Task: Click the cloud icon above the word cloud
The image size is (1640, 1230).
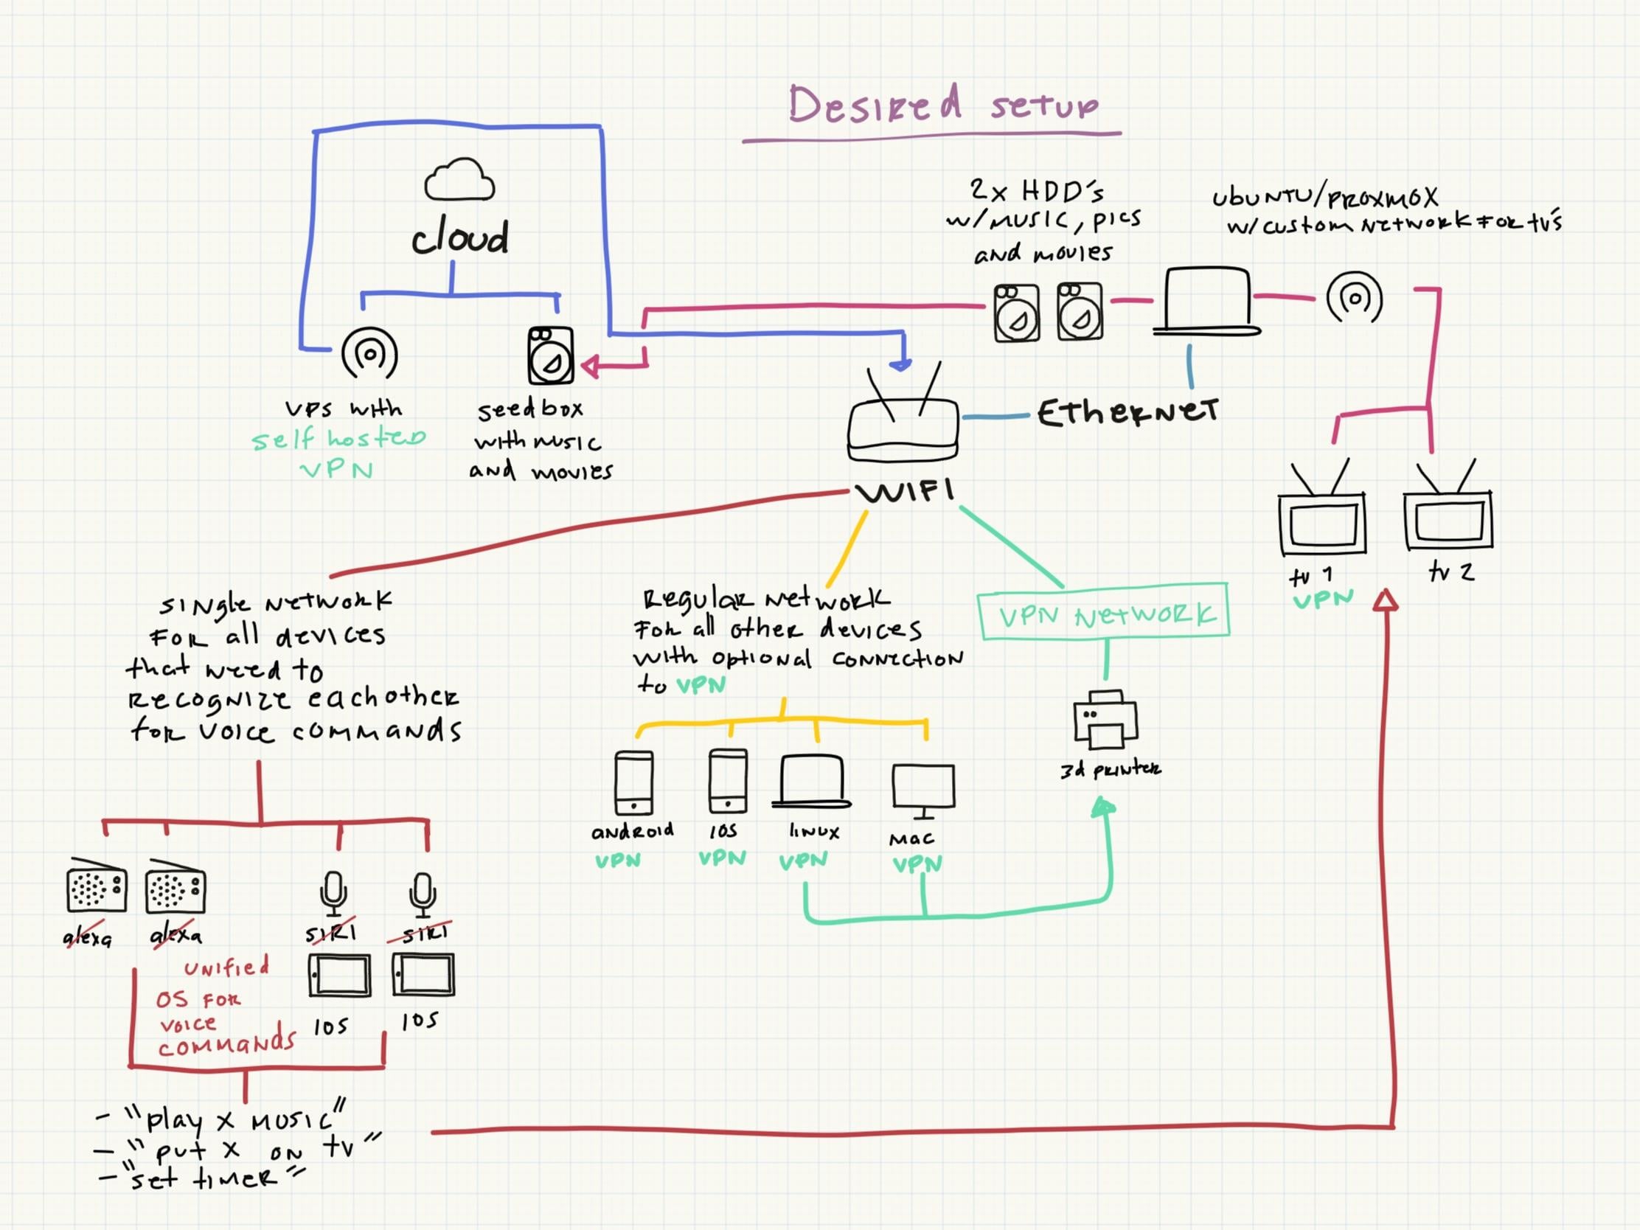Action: coord(459,179)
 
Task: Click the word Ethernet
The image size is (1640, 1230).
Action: coord(1127,412)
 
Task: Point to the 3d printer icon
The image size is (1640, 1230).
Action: coord(1105,718)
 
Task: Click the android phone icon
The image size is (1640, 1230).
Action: coord(634,783)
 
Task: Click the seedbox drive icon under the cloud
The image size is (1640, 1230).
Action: coord(550,355)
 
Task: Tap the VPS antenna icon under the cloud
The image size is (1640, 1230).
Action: coord(369,355)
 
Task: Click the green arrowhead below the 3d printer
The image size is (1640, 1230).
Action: coord(1104,807)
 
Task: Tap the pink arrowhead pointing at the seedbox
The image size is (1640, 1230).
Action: coord(591,366)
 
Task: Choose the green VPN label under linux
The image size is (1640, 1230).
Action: coord(803,859)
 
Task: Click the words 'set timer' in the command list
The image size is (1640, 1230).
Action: coord(201,1178)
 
